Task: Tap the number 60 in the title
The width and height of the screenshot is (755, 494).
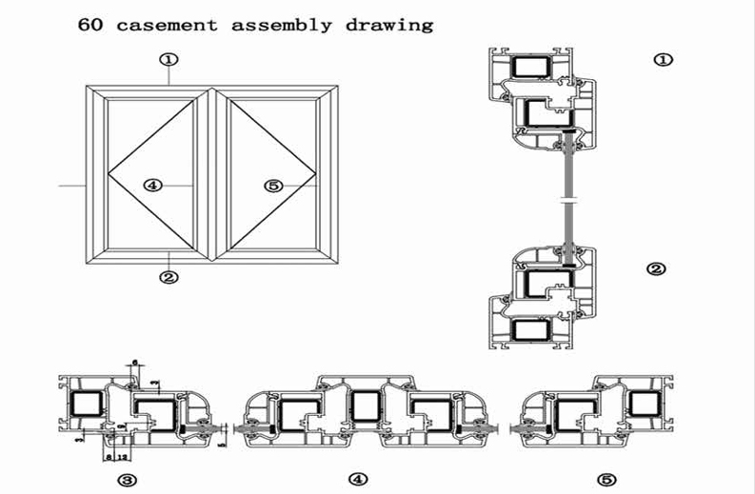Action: [90, 25]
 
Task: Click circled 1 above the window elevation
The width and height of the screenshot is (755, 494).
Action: [169, 59]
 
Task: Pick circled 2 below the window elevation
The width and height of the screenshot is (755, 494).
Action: [169, 277]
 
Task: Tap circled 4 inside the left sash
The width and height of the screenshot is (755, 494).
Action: [152, 186]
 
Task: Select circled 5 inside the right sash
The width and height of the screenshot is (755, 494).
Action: [274, 186]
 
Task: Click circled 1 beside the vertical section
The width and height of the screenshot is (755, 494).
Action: [664, 60]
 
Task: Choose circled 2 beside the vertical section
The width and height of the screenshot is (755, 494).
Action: [655, 269]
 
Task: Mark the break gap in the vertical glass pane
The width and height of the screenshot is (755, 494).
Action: [568, 201]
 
